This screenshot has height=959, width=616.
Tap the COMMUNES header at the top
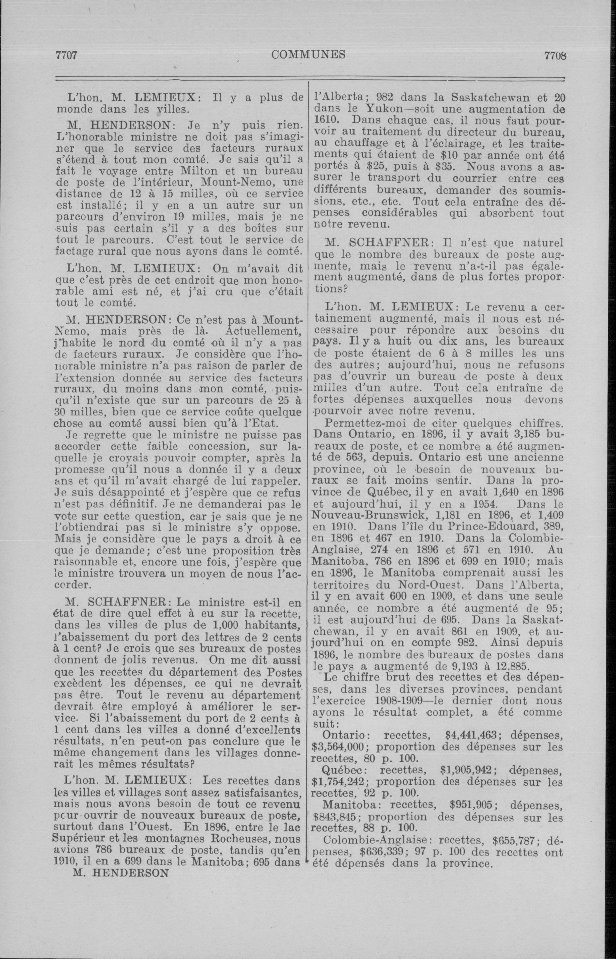308,54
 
